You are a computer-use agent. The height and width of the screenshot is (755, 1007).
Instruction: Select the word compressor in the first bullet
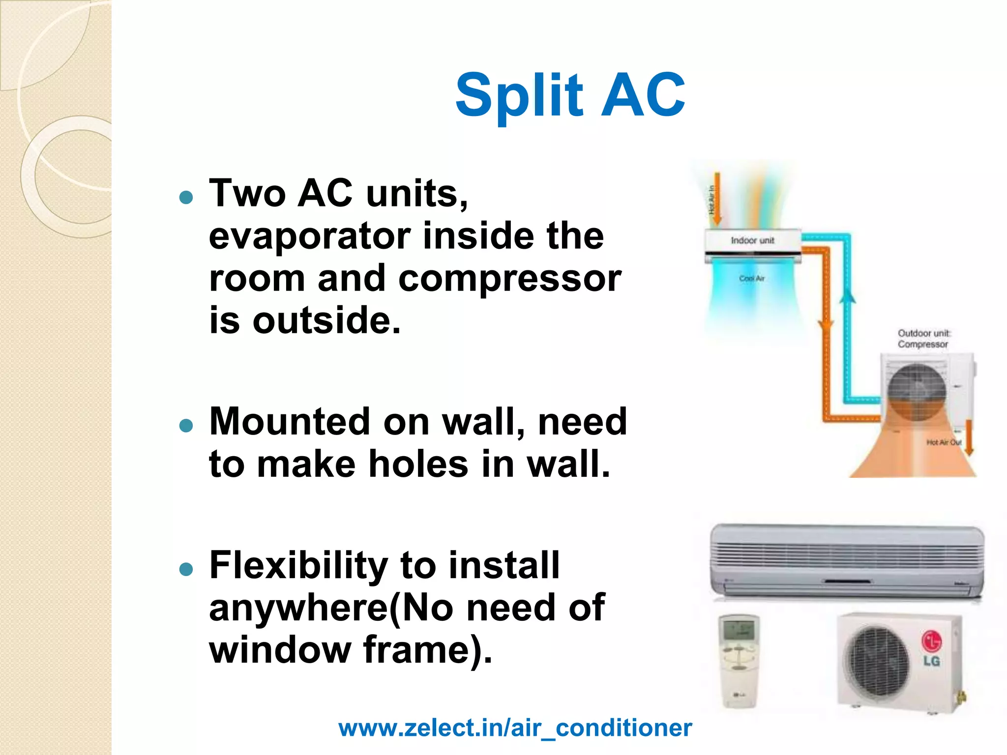coord(509,278)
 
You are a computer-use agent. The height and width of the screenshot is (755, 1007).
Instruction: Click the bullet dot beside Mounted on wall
coord(186,425)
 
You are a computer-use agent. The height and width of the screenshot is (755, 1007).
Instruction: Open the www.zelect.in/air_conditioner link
coord(515,728)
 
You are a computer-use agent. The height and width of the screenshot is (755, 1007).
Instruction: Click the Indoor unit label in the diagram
coord(752,240)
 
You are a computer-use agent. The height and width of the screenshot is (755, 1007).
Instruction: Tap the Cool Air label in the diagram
coord(751,278)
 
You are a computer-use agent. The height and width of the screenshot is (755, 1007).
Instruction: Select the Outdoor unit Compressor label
coord(923,339)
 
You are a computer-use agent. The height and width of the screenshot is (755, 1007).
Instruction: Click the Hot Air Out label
coord(944,442)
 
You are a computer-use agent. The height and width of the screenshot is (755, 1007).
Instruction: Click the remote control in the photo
coord(739,660)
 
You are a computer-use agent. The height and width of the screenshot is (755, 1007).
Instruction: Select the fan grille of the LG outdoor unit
coord(876,661)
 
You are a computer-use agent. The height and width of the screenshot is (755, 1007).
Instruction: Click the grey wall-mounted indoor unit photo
coord(847,560)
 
